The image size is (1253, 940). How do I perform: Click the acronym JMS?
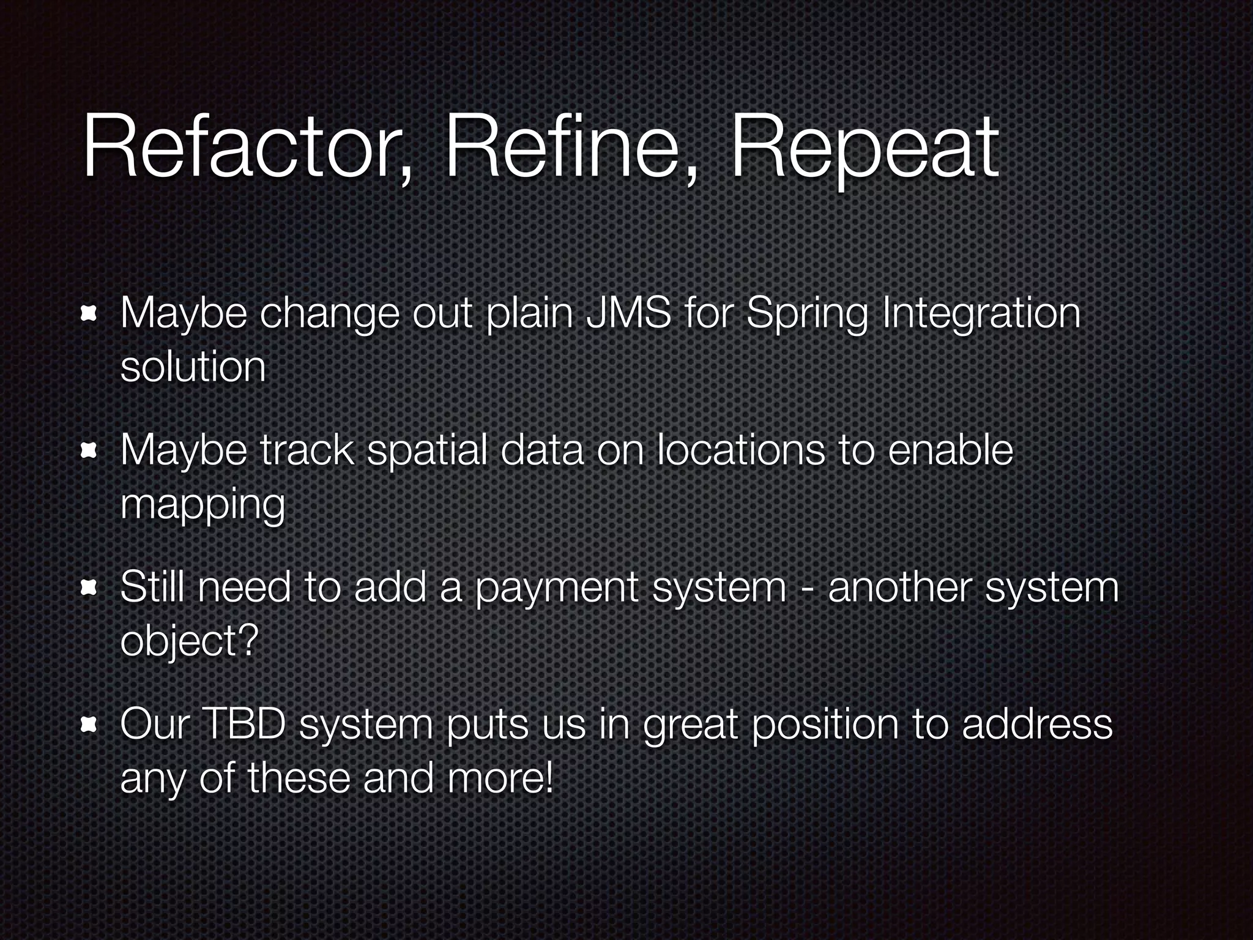(x=627, y=313)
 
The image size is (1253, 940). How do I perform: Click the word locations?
(x=740, y=450)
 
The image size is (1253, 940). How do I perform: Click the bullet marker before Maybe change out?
(x=90, y=315)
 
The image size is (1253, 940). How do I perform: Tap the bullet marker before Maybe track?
(x=90, y=452)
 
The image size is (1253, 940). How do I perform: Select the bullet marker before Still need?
(x=90, y=589)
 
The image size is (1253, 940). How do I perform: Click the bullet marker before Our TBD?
(x=90, y=726)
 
